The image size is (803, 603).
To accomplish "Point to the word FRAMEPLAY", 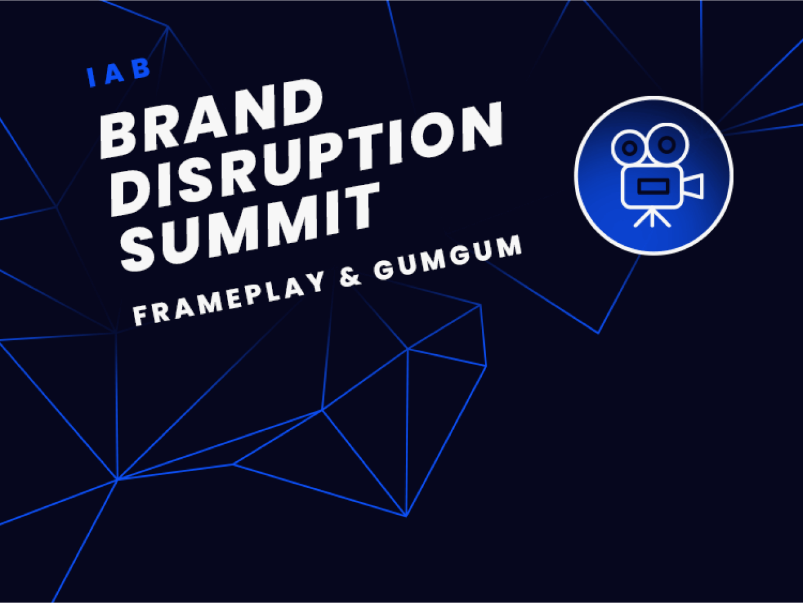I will point(229,299).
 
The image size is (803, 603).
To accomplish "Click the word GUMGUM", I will point(448,259).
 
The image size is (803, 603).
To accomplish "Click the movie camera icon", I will point(654,175).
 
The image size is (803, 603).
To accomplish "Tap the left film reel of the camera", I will point(630,147).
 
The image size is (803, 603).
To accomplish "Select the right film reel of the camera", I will point(667,144).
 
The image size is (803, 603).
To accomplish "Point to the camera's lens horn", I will point(695,186).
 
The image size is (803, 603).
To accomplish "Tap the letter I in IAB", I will point(92,78).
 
